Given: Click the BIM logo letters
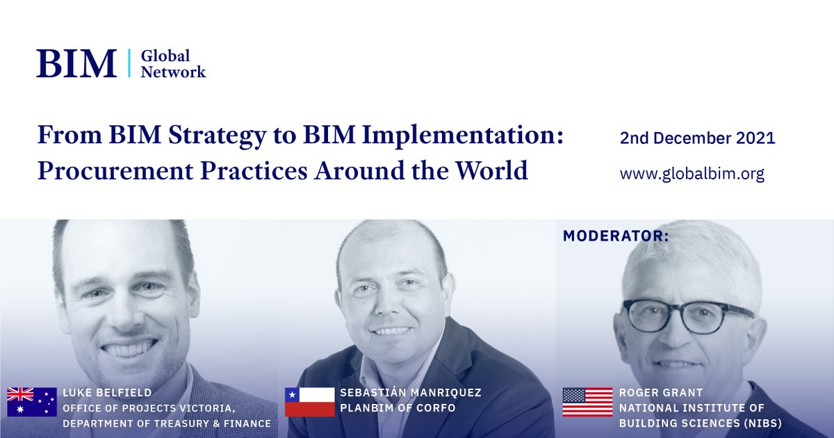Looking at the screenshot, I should click(x=76, y=63).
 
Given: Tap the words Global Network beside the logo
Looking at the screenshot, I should click(x=173, y=63).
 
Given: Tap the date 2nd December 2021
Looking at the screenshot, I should click(x=697, y=138).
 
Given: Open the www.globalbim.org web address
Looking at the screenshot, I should click(x=692, y=174).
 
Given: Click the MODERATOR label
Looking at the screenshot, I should click(x=616, y=236).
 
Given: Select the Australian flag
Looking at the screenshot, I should click(x=32, y=402).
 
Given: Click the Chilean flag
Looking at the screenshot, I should click(x=310, y=402).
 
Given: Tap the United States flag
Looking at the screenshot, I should click(x=587, y=402).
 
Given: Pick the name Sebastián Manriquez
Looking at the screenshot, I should click(x=411, y=393).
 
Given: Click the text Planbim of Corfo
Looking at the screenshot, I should click(x=398, y=408).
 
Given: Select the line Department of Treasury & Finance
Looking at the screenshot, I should click(x=167, y=423).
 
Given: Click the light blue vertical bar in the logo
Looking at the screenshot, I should click(x=129, y=63).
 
